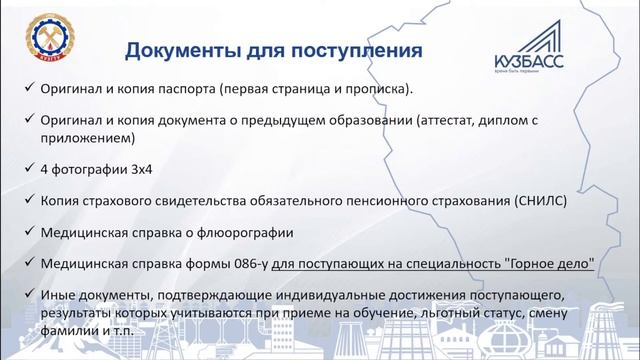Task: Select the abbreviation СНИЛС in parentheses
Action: [x=541, y=201]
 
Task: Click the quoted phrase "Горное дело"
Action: [x=546, y=264]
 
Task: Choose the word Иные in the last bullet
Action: [x=58, y=296]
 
